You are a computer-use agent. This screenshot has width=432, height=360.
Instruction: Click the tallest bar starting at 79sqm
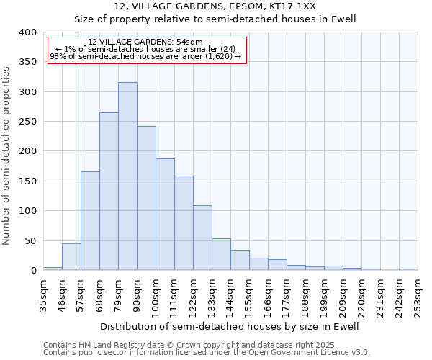[x=127, y=176]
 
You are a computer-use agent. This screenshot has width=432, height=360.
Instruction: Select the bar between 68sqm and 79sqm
[x=109, y=192]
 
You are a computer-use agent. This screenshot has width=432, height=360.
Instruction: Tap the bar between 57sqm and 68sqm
[x=90, y=221]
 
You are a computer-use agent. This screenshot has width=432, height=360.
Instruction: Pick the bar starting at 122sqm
[x=202, y=238]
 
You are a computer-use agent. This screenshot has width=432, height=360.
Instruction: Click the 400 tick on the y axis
[x=27, y=32]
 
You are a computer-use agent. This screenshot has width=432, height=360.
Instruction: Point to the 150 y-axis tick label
[x=27, y=181]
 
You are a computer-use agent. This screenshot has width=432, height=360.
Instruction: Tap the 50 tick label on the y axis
[x=30, y=241]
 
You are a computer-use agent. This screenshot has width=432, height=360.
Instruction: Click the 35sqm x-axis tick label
[x=43, y=295]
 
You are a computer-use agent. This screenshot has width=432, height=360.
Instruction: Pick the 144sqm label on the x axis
[x=230, y=295]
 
